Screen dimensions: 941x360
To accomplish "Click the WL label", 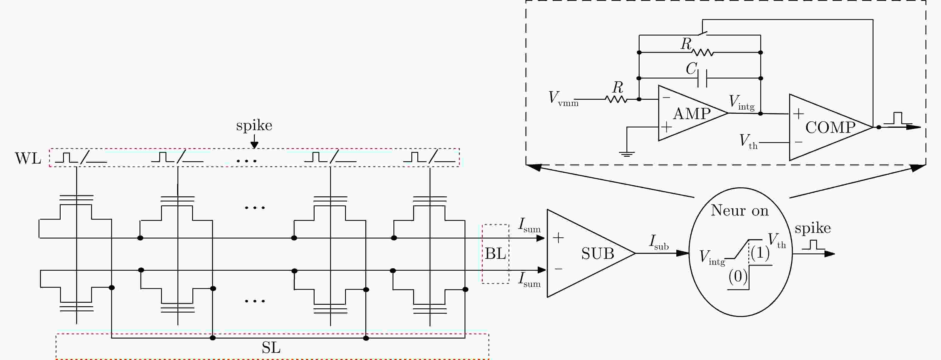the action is click(x=28, y=159).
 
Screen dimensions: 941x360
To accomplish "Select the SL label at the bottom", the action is click(x=271, y=347).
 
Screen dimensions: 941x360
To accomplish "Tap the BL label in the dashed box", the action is click(x=495, y=253).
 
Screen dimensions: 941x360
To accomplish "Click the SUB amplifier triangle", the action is click(x=591, y=253).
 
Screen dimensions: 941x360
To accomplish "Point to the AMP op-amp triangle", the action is click(x=692, y=113).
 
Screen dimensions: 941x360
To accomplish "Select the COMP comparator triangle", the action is click(x=831, y=127).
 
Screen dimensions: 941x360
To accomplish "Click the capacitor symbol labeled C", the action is click(x=702, y=78).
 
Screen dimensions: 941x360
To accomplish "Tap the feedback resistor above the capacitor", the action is click(x=702, y=53).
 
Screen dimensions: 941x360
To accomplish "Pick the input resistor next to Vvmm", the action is click(x=616, y=99).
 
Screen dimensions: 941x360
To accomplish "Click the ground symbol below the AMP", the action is click(x=626, y=154).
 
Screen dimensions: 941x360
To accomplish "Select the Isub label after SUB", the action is click(x=659, y=242).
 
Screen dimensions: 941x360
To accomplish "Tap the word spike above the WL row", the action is click(x=254, y=126).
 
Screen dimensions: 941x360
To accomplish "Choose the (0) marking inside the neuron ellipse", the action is click(x=738, y=276).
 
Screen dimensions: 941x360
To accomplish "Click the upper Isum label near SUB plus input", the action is click(x=529, y=225).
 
